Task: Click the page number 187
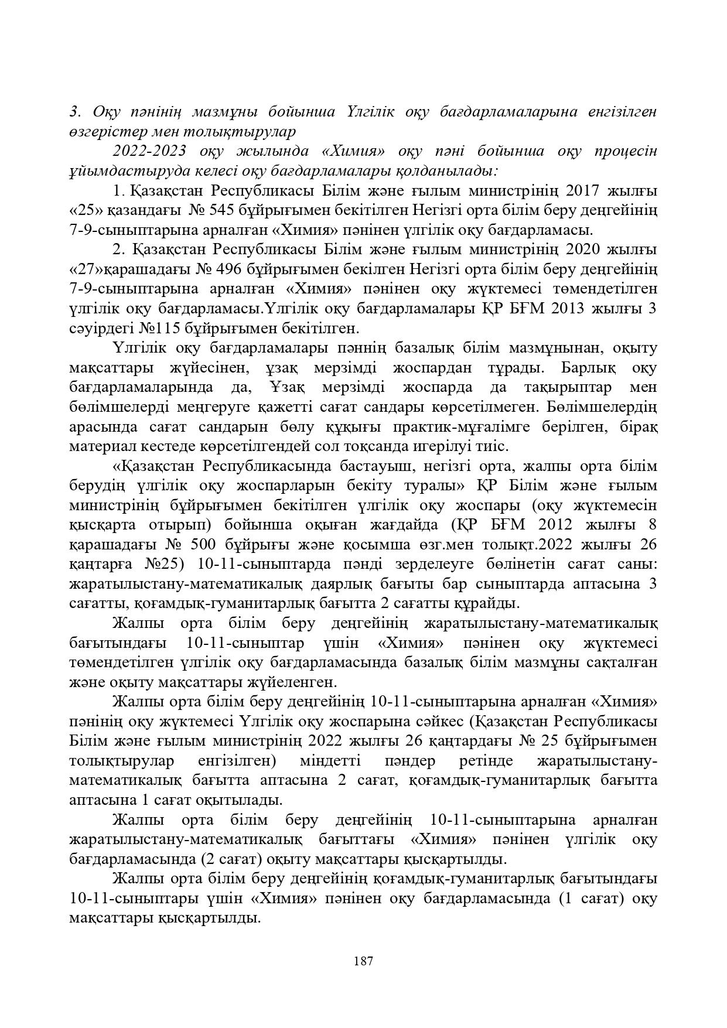[363, 961]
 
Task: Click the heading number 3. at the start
[74, 111]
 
